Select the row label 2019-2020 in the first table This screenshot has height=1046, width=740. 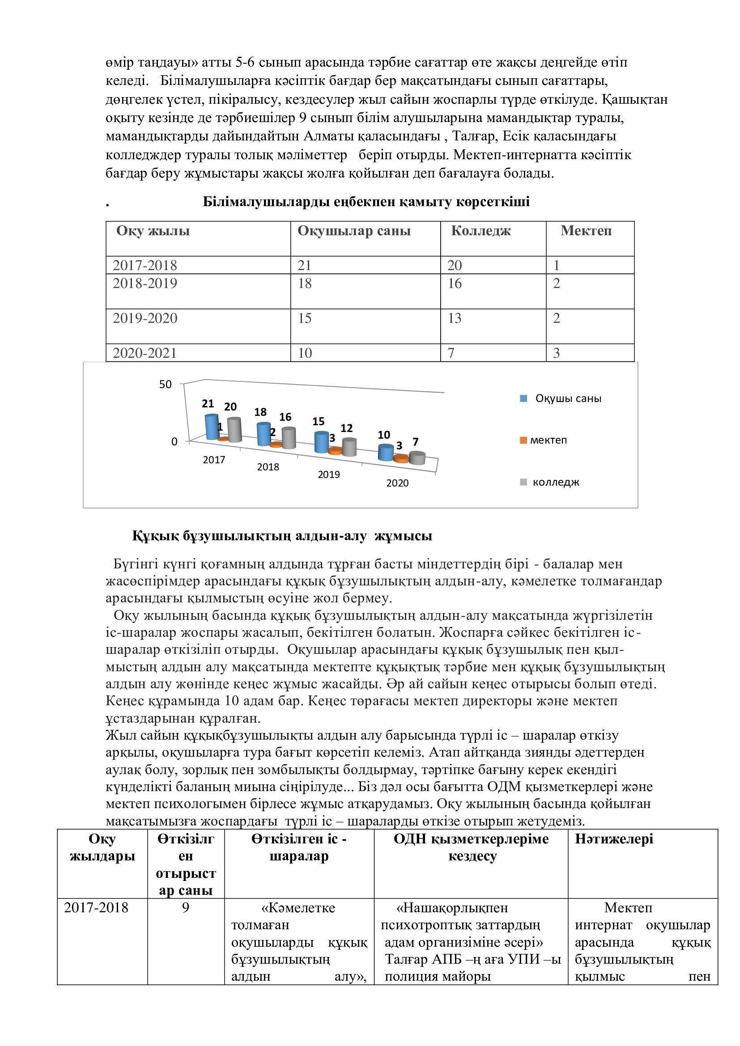(145, 318)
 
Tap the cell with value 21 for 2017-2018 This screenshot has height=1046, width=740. (304, 265)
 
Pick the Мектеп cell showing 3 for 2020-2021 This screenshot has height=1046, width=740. (556, 353)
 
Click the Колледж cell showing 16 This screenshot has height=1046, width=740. (454, 284)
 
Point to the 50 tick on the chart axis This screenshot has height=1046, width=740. (166, 385)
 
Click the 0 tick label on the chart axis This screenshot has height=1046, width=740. (174, 441)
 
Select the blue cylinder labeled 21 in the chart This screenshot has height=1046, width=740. (212, 427)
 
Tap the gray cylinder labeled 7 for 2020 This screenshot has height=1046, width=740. (417, 457)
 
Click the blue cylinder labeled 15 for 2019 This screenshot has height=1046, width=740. (321, 442)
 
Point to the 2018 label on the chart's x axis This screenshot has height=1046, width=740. (268, 467)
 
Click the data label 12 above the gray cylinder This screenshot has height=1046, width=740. (347, 428)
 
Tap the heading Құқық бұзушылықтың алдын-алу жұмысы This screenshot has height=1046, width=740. (282, 536)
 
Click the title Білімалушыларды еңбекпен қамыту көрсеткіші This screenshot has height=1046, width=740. (366, 202)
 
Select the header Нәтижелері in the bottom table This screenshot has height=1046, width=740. (614, 838)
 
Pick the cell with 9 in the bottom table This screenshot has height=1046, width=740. (186, 908)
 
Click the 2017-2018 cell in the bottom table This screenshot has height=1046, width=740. (96, 908)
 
